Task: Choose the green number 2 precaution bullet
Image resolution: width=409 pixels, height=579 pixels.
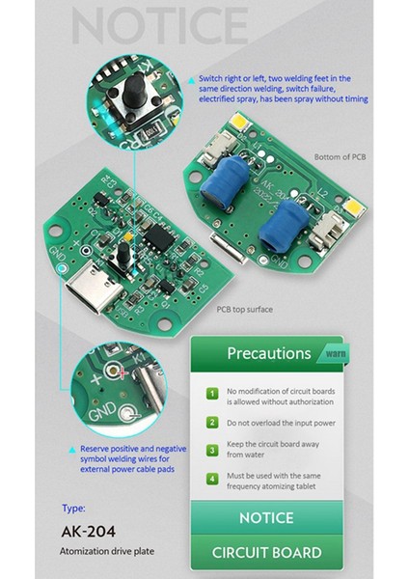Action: click(212, 423)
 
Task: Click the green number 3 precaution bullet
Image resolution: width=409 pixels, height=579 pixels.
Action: click(212, 450)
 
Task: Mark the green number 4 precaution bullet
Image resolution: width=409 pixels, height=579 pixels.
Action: click(212, 478)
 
